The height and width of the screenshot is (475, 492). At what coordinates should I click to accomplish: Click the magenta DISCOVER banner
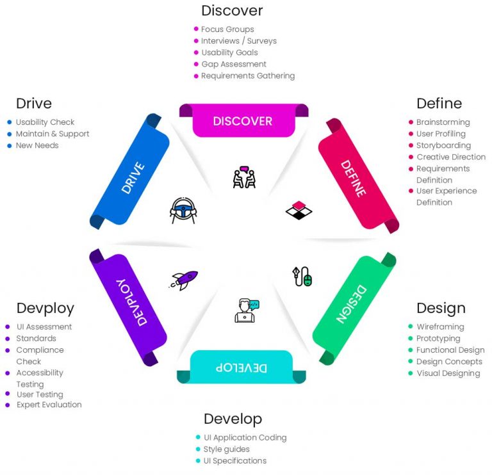point(243,121)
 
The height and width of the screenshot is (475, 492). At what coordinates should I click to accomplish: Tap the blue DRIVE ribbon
point(131,170)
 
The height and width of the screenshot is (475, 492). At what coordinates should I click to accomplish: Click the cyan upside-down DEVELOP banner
point(242,367)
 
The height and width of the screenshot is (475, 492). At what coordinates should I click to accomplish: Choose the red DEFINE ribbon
point(354,170)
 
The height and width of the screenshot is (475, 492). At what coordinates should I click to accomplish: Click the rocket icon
point(185,280)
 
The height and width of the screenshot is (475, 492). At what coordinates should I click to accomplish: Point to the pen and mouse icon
point(302,276)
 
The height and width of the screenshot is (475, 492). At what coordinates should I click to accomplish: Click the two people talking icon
point(244,177)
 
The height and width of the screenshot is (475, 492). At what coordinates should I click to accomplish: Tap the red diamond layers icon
point(298,210)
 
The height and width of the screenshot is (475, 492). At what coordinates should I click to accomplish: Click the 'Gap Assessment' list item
point(234,64)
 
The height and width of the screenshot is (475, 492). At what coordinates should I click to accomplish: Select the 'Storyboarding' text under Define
point(443,145)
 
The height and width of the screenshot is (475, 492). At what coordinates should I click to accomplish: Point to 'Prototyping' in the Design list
point(438,338)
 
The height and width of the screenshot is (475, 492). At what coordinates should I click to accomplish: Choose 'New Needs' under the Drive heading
point(37,145)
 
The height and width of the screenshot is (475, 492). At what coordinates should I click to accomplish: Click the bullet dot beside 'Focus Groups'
point(196,29)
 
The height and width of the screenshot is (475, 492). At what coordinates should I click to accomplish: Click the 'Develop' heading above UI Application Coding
point(233,419)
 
